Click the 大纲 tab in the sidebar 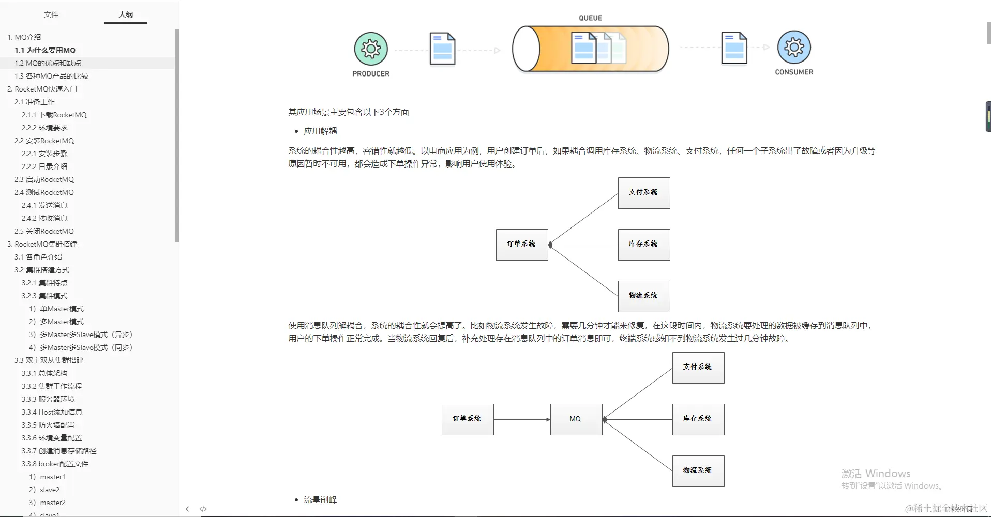tap(126, 14)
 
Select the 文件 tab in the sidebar tap(51, 14)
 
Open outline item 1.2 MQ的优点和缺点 tap(48, 63)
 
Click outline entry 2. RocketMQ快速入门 tap(42, 89)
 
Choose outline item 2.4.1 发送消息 tap(44, 205)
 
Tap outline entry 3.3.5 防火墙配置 tap(48, 425)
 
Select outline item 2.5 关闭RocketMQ tap(44, 231)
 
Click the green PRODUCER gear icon tap(371, 49)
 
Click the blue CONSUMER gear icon tap(794, 48)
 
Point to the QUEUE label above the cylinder tap(590, 18)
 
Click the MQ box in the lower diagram tap(576, 419)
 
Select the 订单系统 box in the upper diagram tap(522, 245)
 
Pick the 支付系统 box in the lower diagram tap(698, 368)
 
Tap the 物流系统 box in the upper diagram tap(644, 296)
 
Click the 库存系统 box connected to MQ tap(698, 419)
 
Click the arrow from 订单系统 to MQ tap(522, 419)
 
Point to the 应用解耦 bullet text tap(320, 131)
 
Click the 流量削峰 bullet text tap(320, 500)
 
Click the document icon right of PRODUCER tap(442, 49)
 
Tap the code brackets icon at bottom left tap(203, 509)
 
